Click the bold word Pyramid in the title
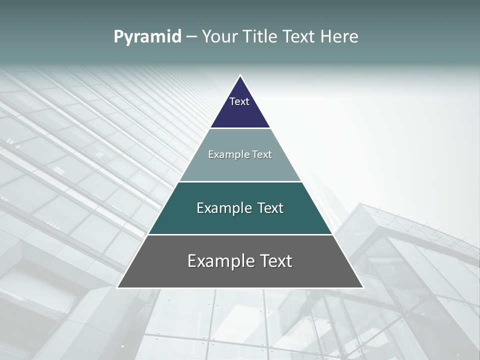point(147,37)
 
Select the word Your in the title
point(218,37)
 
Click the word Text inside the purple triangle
point(239,101)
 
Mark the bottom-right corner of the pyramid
point(362,287)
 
